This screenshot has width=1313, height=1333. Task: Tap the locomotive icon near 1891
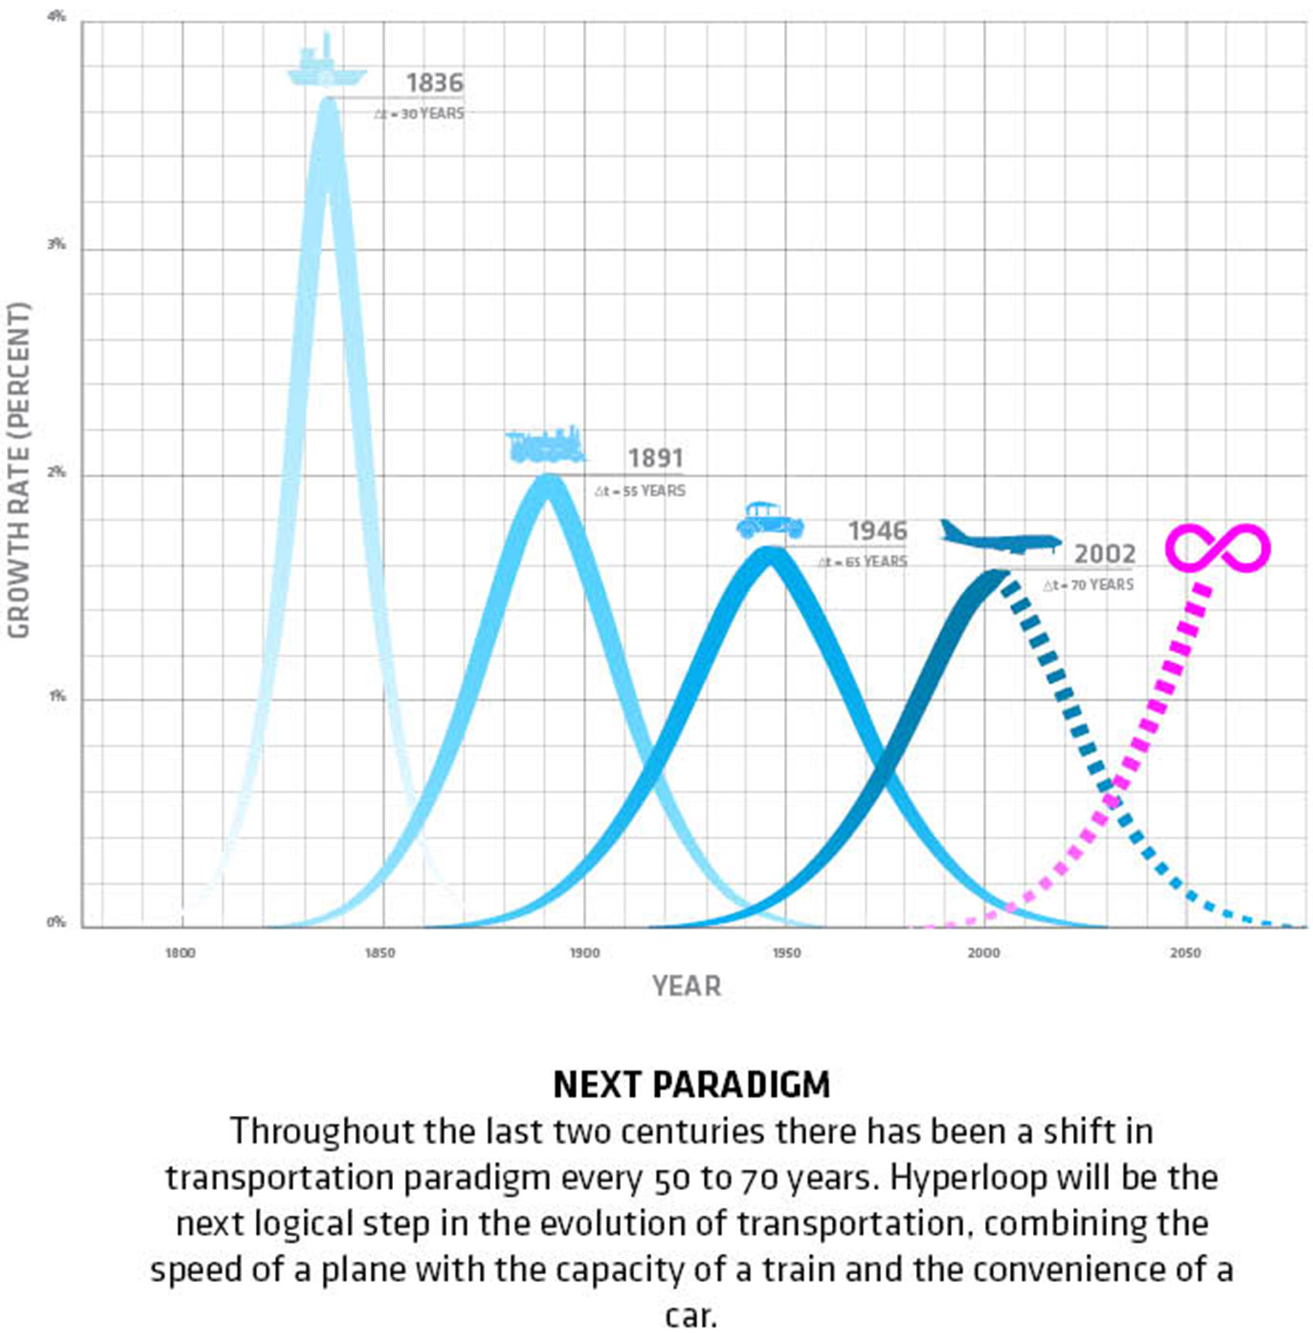pyautogui.click(x=545, y=446)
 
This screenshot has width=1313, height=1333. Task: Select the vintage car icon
pyautogui.click(x=769, y=521)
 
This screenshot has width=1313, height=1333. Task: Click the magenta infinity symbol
pyautogui.click(x=1217, y=548)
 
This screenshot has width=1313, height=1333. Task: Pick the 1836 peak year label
pyautogui.click(x=435, y=83)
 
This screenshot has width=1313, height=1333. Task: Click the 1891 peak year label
pyautogui.click(x=655, y=458)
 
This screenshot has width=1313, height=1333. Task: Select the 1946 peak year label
pyautogui.click(x=877, y=531)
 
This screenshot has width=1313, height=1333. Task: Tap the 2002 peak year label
pyautogui.click(x=1104, y=554)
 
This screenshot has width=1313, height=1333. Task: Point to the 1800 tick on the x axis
pyautogui.click(x=180, y=954)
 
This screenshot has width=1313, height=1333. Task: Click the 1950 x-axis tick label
pyautogui.click(x=785, y=954)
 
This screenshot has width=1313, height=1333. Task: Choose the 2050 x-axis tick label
pyautogui.click(x=1185, y=954)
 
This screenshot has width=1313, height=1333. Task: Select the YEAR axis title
pyautogui.click(x=686, y=987)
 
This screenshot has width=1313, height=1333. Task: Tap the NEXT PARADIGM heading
pyautogui.click(x=691, y=1085)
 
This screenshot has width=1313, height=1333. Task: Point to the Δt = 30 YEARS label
pyautogui.click(x=419, y=114)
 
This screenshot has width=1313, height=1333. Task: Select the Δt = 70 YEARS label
pyautogui.click(x=1088, y=585)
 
